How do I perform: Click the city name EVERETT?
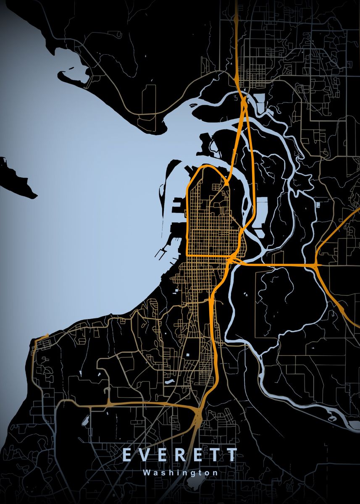(x=180, y=455)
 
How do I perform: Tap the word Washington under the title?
(x=180, y=472)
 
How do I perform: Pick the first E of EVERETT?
(x=127, y=455)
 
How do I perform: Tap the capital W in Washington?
(x=145, y=472)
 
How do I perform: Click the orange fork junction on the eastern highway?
(x=316, y=265)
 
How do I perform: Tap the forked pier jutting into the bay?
(x=160, y=253)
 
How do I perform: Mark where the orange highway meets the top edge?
(x=236, y=2)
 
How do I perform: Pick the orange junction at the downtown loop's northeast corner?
(x=226, y=183)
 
